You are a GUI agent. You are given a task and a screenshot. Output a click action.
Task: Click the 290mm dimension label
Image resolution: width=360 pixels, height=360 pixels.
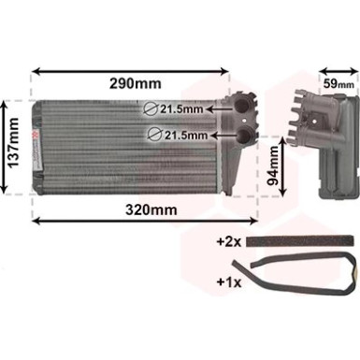136,83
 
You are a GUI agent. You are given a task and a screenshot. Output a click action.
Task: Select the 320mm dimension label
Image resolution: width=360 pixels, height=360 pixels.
151,210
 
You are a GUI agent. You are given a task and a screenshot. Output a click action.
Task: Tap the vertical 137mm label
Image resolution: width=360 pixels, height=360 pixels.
13,143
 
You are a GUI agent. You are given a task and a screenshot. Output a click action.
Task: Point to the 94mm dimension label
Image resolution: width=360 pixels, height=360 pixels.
273,166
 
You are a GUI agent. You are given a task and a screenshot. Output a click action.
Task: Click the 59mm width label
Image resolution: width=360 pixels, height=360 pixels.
338,83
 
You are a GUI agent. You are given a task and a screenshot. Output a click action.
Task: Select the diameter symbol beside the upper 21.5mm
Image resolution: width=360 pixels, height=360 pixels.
151,109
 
